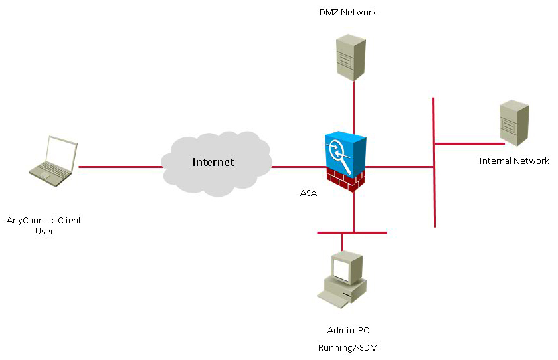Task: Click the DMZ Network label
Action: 347,12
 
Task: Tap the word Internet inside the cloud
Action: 213,162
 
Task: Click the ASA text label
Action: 310,194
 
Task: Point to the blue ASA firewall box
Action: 345,151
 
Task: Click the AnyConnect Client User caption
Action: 44,225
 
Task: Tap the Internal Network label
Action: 514,161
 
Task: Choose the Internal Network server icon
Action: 514,122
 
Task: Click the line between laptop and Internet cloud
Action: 120,167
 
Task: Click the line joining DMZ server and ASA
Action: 353,106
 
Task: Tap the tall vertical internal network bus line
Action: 434,199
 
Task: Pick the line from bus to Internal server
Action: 468,143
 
